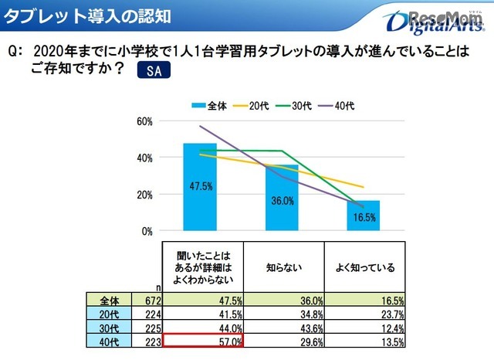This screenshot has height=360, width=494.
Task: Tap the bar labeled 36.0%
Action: (281, 198)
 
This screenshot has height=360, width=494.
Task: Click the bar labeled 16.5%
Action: (363, 216)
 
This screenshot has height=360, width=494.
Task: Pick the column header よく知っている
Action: (363, 268)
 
